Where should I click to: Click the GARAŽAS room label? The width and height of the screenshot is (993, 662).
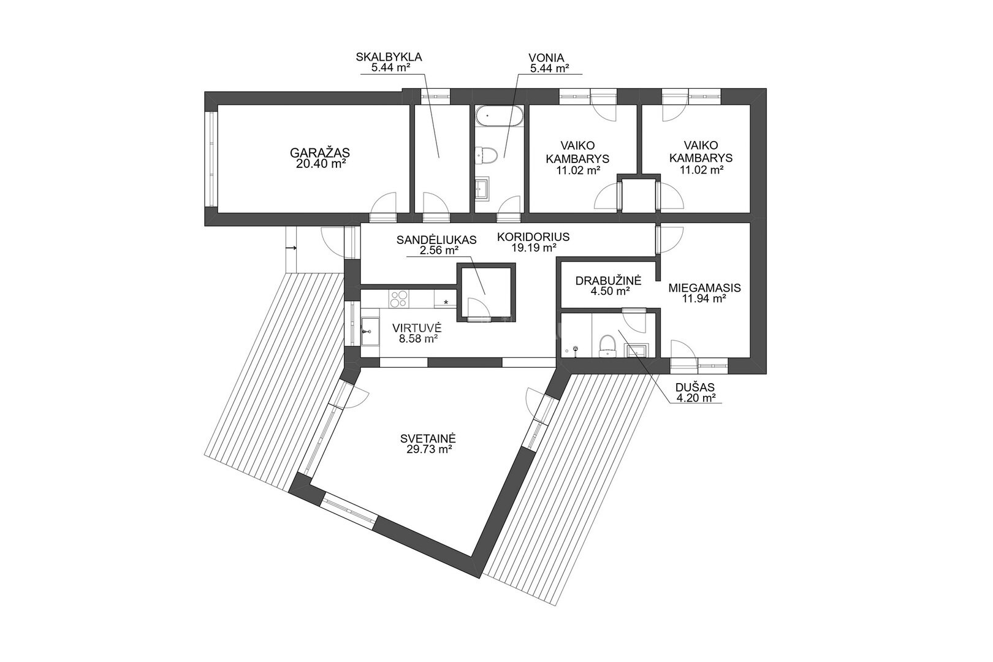coord(319,153)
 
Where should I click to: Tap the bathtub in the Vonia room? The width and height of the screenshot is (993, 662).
coord(499,116)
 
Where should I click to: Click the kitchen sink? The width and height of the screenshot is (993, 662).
coord(370,331)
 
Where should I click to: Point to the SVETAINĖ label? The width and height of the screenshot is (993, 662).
coord(428,438)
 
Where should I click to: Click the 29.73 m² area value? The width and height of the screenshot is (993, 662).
coord(428,450)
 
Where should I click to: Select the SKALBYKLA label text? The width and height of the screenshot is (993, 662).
coord(389,57)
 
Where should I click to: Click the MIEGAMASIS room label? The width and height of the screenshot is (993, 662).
coord(704,287)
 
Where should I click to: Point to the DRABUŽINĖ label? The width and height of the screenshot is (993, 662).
coord(608,280)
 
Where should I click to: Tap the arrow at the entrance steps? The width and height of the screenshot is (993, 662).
coord(291,248)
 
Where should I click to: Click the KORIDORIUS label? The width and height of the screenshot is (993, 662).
coord(533,237)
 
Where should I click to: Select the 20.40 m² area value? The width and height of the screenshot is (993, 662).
coord(321,164)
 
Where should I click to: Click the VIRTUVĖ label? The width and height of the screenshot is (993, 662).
coord(417,328)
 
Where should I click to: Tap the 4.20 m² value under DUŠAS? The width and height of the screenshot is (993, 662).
coord(696,398)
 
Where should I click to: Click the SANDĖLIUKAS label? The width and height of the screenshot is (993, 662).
coord(436,240)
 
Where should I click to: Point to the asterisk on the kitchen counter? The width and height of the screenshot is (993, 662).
coord(446,303)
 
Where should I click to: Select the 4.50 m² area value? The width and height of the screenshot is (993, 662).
coord(610,291)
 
